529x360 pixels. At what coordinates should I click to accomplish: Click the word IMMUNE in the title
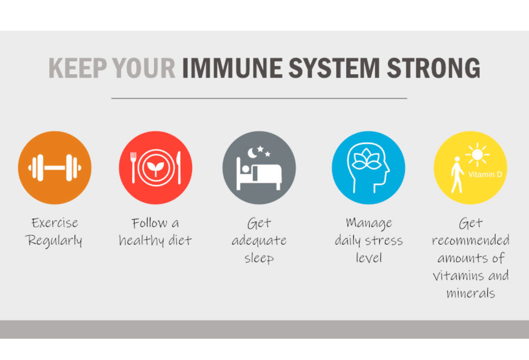point(232,68)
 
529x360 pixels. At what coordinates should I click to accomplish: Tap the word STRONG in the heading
point(434,68)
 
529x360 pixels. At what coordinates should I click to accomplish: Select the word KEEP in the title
point(78,68)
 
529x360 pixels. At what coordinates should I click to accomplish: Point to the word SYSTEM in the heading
point(334,68)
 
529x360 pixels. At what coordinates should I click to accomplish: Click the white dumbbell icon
point(55,168)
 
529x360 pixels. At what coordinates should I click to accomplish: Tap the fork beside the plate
point(134,168)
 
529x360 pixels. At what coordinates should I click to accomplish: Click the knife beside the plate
point(179,168)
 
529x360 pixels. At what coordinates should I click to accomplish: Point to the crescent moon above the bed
point(252,153)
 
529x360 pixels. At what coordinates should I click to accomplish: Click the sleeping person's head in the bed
point(246,169)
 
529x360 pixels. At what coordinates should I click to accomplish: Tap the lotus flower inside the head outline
point(366,159)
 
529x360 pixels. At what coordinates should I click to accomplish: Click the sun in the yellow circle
point(477,155)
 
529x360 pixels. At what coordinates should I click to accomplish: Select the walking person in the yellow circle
point(457,175)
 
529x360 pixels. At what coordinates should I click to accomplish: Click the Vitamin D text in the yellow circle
point(485,175)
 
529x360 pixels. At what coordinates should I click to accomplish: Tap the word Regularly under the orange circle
point(54,241)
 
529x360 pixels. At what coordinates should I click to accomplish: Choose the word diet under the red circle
point(180,240)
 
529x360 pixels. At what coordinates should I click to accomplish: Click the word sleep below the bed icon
point(259,258)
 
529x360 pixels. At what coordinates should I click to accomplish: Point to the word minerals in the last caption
point(471,293)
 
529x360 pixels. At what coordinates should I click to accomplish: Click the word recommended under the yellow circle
point(471,240)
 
